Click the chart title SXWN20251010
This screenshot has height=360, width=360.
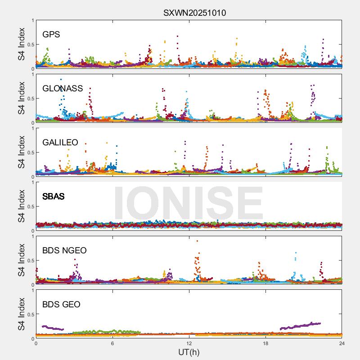click(x=194, y=13)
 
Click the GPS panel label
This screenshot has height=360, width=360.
click(x=51, y=35)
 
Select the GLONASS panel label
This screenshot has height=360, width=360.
click(x=63, y=89)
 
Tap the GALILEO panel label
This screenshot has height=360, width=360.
click(x=60, y=143)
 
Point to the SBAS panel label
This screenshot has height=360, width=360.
click(x=53, y=197)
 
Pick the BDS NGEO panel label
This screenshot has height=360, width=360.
click(x=64, y=251)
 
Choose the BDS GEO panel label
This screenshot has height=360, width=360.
click(x=61, y=305)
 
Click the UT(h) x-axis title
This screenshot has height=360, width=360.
click(x=189, y=351)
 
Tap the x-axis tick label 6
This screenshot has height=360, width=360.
click(x=112, y=343)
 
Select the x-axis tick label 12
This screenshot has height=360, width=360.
click(x=189, y=343)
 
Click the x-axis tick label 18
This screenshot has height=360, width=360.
click(x=265, y=343)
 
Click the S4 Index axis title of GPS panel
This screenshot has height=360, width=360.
click(x=21, y=45)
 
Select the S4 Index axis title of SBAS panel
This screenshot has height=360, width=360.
click(x=21, y=207)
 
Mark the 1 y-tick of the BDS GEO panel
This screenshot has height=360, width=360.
click(x=32, y=290)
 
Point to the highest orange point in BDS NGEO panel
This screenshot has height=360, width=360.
click(x=197, y=241)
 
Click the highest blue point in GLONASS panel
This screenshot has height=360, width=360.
click(x=61, y=80)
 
